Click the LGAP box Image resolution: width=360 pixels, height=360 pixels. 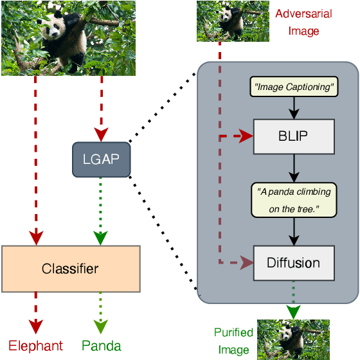point(100,159)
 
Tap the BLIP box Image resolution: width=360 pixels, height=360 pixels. point(294,137)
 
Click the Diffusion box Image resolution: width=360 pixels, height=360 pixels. point(294,263)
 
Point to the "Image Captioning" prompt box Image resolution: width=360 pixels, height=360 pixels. point(294,87)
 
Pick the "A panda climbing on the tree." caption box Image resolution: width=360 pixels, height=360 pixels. point(294,200)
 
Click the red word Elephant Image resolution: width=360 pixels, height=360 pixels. point(36,345)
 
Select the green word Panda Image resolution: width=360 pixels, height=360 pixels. point(101,345)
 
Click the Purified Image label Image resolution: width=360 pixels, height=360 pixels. point(233,341)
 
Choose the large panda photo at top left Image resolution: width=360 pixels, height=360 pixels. point(68,38)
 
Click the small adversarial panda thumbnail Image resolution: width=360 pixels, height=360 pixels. point(233,21)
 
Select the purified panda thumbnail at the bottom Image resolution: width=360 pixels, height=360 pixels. point(293,339)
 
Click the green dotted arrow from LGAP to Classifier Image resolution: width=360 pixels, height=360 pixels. point(100,209)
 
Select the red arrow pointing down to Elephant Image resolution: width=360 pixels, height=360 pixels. point(35,312)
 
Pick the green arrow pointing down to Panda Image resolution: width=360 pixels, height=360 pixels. point(100,312)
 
